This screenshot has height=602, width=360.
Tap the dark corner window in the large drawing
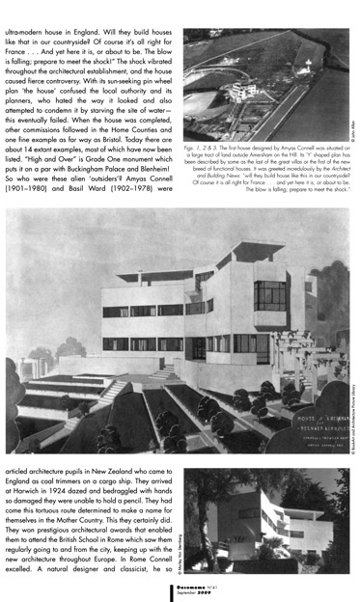pyautogui.click(x=269, y=293)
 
